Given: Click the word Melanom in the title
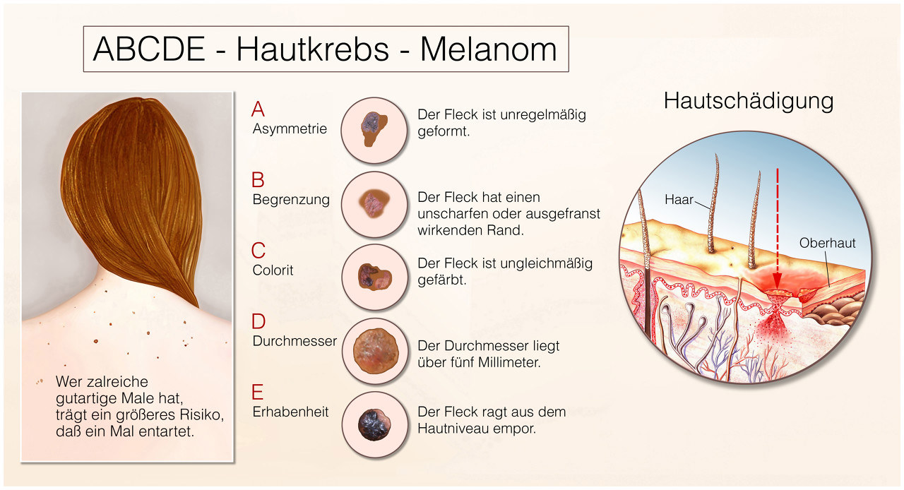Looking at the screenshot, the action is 489,49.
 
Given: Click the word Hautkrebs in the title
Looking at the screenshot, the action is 312,49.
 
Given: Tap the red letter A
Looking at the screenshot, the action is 258,109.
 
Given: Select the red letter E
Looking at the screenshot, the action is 258,392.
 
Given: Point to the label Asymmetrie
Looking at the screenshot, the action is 290,129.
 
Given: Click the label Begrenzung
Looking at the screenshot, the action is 291,199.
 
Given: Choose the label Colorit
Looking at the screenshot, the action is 273,270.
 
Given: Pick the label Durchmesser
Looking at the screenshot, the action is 295,341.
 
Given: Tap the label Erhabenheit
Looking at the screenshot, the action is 290,412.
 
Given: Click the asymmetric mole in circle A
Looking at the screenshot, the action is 374,129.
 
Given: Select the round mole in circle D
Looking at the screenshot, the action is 376,351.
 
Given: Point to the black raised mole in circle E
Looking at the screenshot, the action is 374,424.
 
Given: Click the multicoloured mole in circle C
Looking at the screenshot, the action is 375,277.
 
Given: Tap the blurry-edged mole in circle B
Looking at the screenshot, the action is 375,204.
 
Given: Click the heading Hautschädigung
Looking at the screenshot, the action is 749,101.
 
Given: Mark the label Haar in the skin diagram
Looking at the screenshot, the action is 679,199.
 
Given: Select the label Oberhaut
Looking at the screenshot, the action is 827,243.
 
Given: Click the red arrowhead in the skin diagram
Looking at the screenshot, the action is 778,281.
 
